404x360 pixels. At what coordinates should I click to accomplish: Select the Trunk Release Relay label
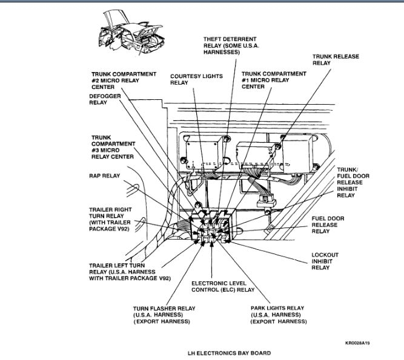coord(336,59)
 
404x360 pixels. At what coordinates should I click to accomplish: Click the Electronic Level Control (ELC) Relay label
coord(222,286)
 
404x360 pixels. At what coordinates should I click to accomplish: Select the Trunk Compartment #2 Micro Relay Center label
coord(124,80)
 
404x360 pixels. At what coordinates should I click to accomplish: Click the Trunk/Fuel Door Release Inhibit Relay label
coord(337,182)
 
